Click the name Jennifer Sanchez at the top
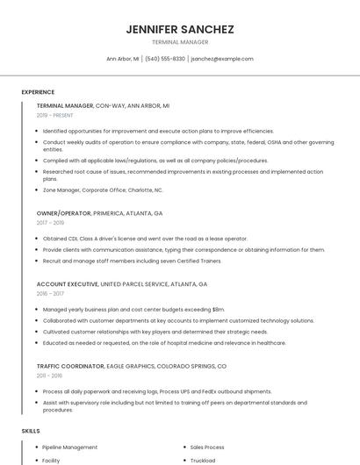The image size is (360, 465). coord(180,29)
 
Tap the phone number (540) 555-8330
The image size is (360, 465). coord(165,59)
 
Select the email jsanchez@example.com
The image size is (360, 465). coord(222,59)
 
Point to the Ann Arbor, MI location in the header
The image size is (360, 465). coord(122,59)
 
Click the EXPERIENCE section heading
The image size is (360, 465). coord(38,92)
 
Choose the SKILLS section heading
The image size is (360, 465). coord(31,431)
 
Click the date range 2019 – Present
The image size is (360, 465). coord(54,115)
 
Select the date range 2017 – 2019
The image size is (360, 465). coord(51,223)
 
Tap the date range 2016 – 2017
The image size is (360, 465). coord(51,294)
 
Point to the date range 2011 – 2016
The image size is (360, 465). coord(51,376)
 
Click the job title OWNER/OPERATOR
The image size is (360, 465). coord(63,213)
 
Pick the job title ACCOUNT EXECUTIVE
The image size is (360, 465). coord(67,284)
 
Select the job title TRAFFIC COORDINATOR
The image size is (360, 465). coord(71,366)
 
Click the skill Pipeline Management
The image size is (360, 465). coord(70,447)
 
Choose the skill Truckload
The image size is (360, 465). coord(204,460)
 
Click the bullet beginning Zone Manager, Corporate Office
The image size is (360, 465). coord(103,190)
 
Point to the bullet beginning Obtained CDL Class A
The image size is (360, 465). coord(145,239)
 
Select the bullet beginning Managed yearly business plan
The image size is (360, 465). coord(133,310)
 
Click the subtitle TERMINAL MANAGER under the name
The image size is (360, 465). coord(180,42)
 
